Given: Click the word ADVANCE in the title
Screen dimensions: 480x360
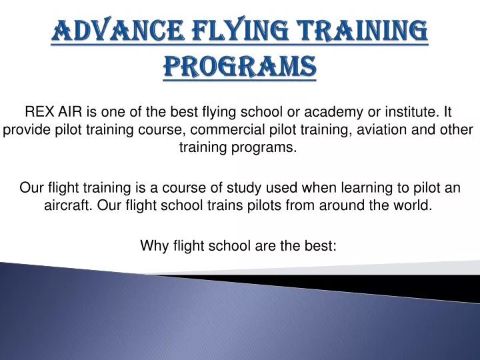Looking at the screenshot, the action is [x=118, y=30].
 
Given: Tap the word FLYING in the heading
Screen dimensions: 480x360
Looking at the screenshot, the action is [x=239, y=30].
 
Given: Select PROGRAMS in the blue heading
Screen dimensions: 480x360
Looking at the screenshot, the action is [x=240, y=66].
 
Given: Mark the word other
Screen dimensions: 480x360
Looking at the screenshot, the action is [x=457, y=129].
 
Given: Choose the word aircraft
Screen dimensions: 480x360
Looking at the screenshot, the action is [x=68, y=205].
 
